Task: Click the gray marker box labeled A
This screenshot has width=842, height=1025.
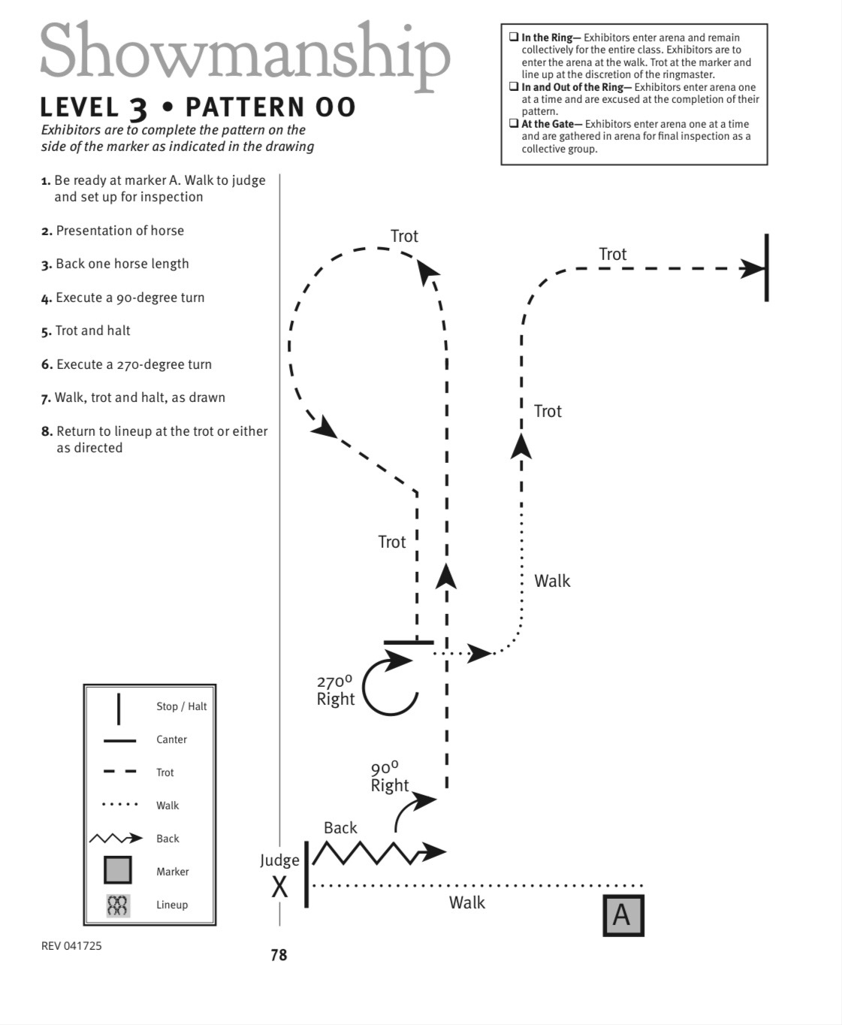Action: point(623,915)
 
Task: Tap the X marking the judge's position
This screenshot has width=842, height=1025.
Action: point(279,887)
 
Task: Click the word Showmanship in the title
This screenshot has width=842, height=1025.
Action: point(246,53)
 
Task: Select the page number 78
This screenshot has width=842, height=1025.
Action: point(279,955)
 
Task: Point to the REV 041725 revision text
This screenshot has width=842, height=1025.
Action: point(71,946)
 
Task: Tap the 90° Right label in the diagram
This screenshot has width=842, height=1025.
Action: point(390,777)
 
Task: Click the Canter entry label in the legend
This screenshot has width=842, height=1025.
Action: point(171,739)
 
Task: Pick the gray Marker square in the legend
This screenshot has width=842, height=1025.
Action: point(118,870)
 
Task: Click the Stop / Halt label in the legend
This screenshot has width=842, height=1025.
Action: point(181,706)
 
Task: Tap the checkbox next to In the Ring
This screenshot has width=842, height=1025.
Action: point(514,37)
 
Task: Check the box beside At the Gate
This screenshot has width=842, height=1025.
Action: point(514,123)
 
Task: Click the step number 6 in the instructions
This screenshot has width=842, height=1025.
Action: point(47,364)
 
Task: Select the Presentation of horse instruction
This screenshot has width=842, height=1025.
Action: point(120,231)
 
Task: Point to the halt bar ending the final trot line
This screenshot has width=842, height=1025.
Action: point(767,268)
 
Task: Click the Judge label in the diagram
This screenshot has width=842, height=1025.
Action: point(279,860)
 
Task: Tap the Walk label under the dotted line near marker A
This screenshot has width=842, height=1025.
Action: point(467,903)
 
